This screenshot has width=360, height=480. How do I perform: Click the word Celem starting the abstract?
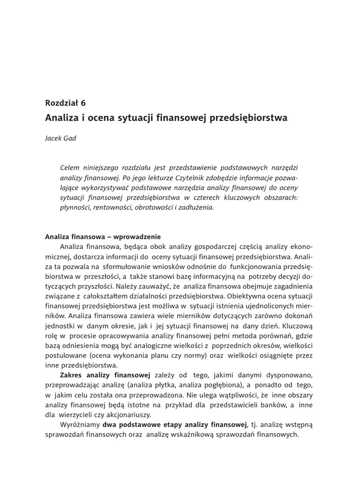[71, 168]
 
